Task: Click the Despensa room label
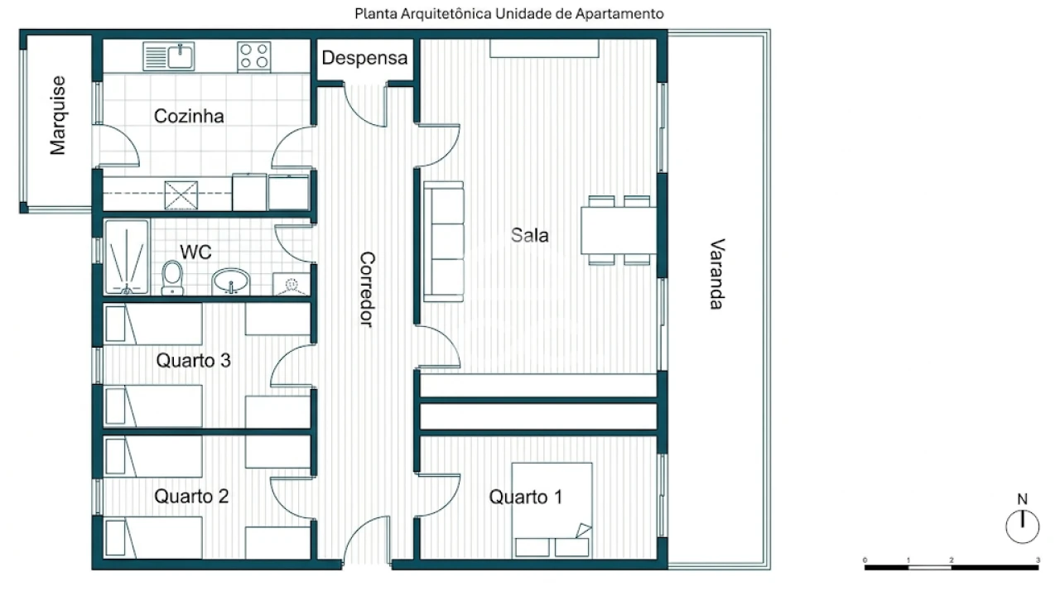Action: (x=364, y=58)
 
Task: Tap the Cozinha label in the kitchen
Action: (x=189, y=117)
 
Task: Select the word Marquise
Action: (x=58, y=115)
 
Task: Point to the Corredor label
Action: (x=367, y=289)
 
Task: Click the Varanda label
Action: (x=717, y=274)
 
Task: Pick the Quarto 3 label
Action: (x=193, y=360)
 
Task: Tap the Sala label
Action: (x=529, y=235)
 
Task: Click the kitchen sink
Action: (x=168, y=57)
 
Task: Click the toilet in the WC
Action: (x=172, y=278)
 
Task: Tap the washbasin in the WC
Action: (x=230, y=281)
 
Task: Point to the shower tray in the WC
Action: (x=127, y=257)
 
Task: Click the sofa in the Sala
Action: (x=443, y=241)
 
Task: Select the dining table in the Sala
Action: (x=619, y=230)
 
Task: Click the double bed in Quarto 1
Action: (x=552, y=510)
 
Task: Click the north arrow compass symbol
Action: (x=1022, y=526)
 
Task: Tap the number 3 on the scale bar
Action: (x=1038, y=560)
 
